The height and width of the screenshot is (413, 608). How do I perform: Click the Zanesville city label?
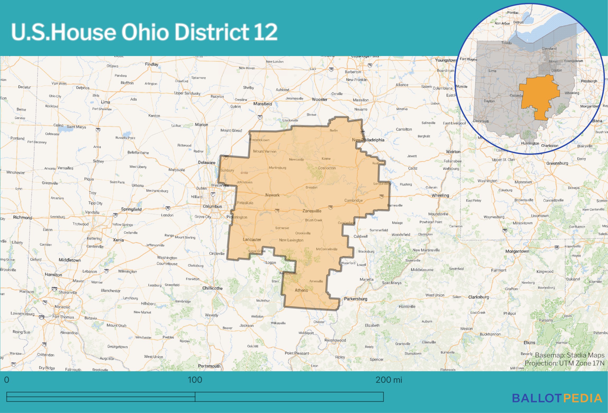312,211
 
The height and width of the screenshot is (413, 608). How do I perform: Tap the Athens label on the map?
301,290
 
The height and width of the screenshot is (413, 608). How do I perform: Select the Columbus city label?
212,206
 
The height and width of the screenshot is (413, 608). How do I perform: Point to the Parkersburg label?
355,299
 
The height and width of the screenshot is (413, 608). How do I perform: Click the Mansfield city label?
263,104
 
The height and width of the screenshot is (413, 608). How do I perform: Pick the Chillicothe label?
212,288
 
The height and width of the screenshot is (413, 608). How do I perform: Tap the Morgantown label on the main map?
517,251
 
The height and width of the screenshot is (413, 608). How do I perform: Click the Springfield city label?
131,209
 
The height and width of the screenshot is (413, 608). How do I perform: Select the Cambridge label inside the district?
353,200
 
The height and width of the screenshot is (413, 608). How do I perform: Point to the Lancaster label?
252,240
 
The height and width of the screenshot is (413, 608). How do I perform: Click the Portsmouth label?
209,366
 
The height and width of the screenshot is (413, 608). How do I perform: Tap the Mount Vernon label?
265,151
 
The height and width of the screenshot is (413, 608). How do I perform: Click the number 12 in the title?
265,32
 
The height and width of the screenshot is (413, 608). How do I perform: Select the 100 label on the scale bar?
195,380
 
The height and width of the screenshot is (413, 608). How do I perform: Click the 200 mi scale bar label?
389,380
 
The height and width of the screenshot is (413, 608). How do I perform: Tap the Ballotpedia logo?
557,398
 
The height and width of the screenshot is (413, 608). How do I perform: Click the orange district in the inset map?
539,96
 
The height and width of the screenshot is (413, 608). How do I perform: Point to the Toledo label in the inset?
506,43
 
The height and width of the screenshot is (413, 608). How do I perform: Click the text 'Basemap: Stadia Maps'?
569,355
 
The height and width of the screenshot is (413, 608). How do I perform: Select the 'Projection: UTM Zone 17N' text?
564,363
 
